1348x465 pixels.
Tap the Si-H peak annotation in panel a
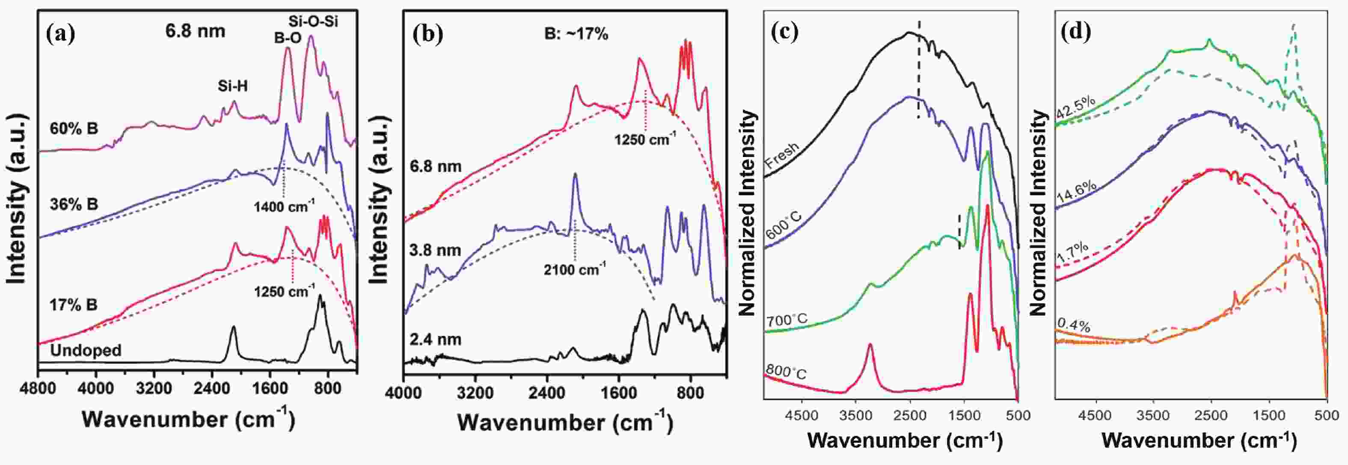232,87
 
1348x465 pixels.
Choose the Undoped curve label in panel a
86,350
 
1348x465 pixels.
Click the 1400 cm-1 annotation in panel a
284,207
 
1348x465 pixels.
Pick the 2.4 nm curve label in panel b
435,340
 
